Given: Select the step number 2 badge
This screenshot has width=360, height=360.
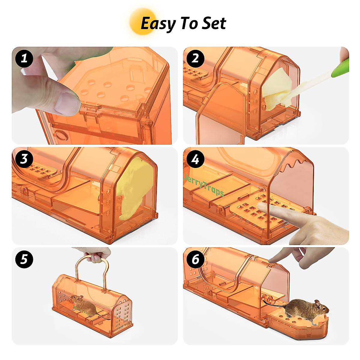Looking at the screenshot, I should coord(196,58).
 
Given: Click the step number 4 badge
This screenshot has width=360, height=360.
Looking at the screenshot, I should coord(196,159).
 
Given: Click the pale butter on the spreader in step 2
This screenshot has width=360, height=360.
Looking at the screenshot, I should coord(276,88).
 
